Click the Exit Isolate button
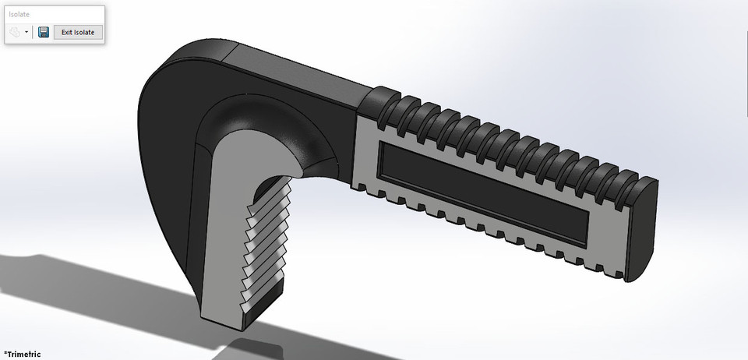pyautogui.click(x=78, y=32)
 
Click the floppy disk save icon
pyautogui.click(x=44, y=32)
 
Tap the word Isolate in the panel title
pyautogui.click(x=19, y=14)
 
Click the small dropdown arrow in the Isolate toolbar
pyautogui.click(x=27, y=33)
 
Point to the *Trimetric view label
pyautogui.click(x=22, y=354)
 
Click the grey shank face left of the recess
pyautogui.click(x=366, y=156)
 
